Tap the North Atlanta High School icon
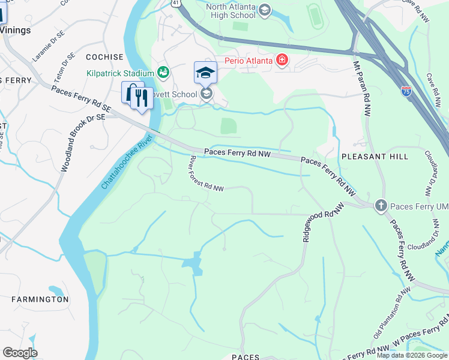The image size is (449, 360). point(264,11)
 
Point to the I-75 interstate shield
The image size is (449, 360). point(406,91)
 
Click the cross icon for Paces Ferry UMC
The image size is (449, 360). point(381,206)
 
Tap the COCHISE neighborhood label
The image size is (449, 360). point(104,57)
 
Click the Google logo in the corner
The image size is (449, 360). point(20,353)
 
